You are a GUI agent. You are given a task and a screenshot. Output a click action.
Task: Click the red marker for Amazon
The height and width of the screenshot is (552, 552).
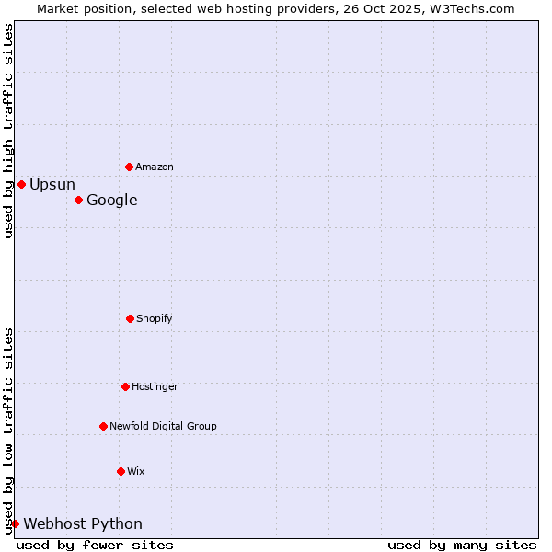coord(129,167)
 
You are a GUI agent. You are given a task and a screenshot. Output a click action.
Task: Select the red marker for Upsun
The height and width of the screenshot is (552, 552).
coord(21,184)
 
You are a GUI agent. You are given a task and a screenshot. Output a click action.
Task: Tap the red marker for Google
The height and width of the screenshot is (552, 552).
coord(78,200)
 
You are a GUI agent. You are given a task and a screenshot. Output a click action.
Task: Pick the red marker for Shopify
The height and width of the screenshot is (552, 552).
coord(130,318)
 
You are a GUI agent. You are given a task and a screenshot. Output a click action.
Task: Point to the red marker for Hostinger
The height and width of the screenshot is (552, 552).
coord(125,386)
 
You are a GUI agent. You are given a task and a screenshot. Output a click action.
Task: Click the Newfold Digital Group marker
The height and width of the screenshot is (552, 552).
coord(103,426)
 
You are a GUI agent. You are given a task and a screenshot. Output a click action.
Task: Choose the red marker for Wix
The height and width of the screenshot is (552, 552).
coord(121,471)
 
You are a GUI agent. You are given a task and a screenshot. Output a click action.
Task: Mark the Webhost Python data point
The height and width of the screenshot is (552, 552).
coord(15,523)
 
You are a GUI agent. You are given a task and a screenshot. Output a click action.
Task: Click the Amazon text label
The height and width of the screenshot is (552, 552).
coord(155,167)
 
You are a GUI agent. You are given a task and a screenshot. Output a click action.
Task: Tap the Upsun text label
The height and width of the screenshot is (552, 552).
coord(52,184)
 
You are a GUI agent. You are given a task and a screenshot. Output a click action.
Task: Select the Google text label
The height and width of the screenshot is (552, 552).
coord(112,200)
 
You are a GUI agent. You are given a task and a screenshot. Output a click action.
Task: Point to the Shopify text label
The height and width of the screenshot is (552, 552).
coord(155,318)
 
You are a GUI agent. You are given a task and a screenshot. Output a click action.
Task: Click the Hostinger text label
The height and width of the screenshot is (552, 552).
coord(155,386)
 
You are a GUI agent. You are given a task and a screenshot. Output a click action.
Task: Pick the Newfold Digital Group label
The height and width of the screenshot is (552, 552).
coord(163,426)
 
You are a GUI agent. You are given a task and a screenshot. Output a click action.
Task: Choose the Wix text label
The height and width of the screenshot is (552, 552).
coord(136,471)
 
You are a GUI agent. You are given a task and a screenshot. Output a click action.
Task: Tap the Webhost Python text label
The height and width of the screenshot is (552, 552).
coord(83,523)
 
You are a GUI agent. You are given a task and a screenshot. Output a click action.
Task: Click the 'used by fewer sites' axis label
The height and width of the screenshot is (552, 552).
coord(95,545)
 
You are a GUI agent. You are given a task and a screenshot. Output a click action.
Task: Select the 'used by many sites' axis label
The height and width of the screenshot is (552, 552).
coord(462,545)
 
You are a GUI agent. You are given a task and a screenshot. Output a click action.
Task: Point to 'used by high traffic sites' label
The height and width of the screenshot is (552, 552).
coord(8,131)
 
